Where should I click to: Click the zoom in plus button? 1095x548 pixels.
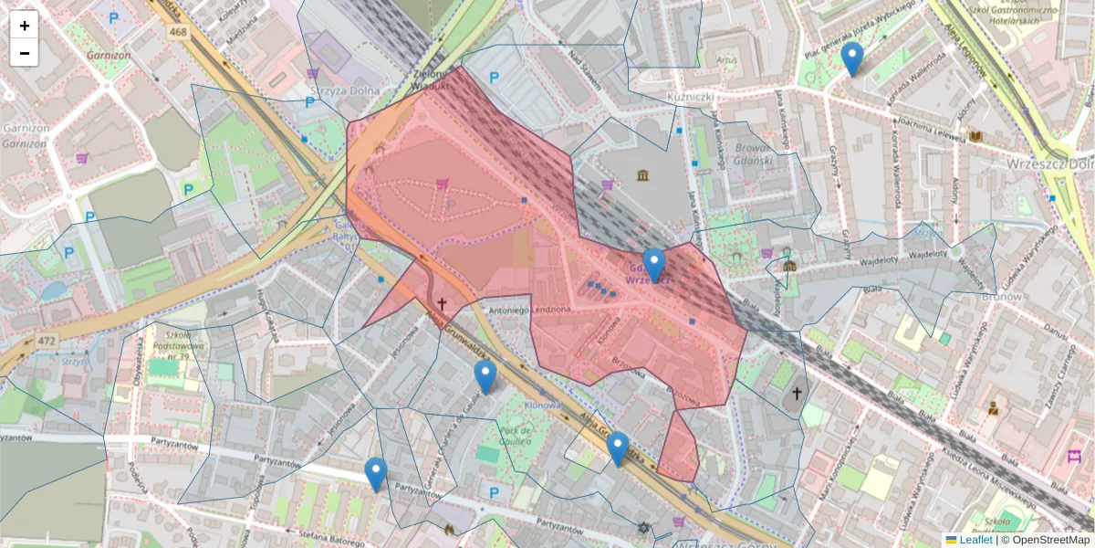(x=25, y=26)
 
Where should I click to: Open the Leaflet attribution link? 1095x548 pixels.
(x=975, y=540)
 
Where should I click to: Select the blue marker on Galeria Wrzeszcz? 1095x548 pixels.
(x=653, y=265)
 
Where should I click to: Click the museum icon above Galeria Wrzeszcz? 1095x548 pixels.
(x=644, y=174)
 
